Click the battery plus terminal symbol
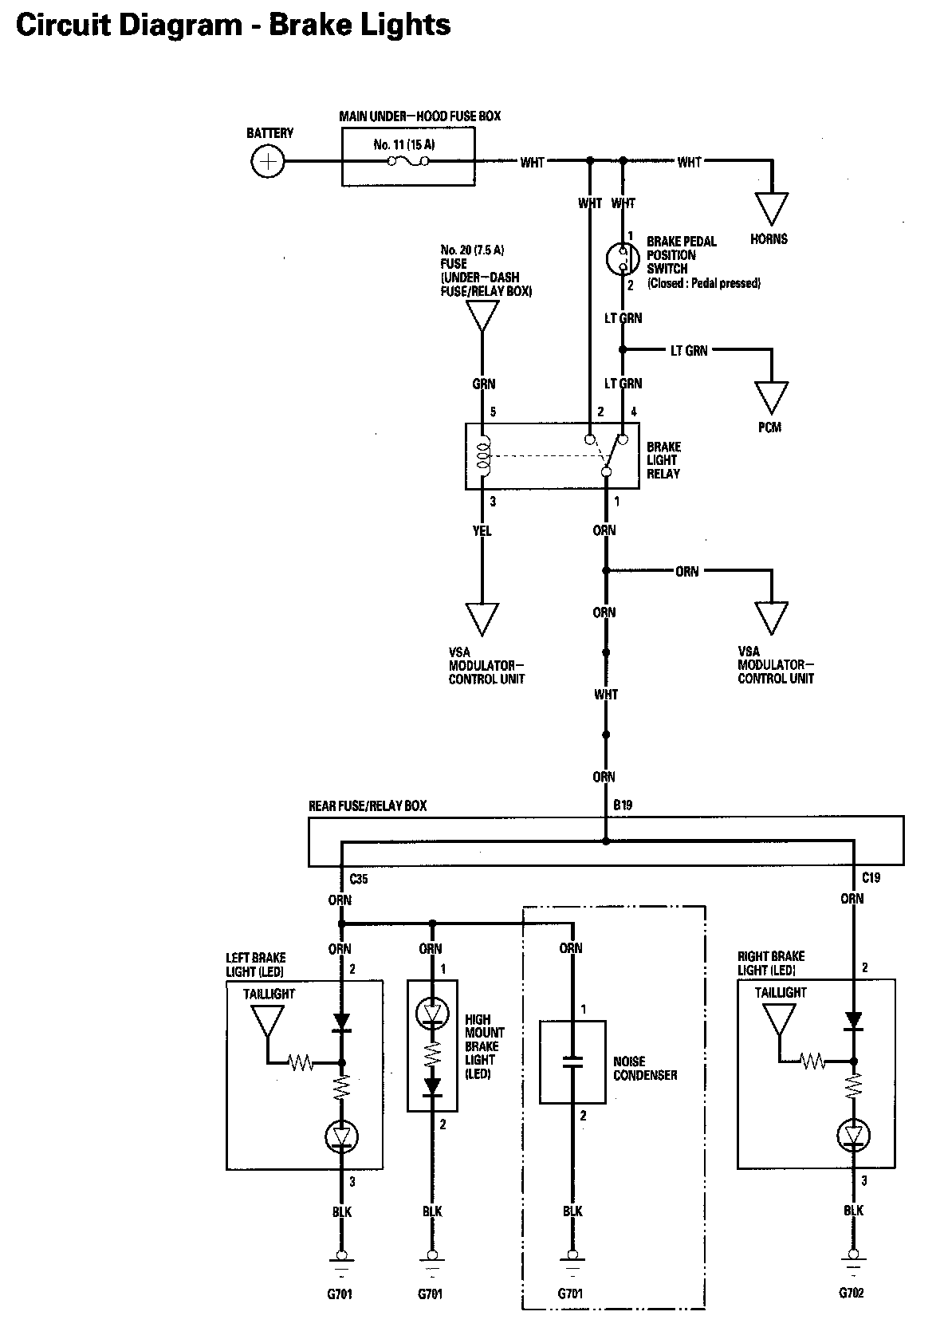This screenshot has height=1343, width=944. click(267, 161)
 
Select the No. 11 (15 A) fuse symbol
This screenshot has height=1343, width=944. click(408, 160)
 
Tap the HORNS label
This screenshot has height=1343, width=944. click(769, 238)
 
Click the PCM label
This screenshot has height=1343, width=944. click(769, 427)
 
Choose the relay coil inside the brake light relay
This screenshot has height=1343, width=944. click(484, 455)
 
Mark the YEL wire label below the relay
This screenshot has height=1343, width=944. click(482, 530)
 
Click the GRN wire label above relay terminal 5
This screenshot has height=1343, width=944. click(484, 384)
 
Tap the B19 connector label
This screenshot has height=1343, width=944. click(623, 805)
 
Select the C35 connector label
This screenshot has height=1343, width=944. click(359, 879)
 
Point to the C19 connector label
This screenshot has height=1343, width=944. click(871, 878)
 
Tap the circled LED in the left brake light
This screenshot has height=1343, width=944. click(341, 1136)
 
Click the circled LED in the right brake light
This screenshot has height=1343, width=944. click(853, 1135)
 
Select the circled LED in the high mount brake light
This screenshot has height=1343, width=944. click(432, 1012)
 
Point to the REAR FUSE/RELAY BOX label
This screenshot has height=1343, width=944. click(368, 805)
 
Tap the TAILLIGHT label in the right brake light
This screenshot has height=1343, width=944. click(781, 992)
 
